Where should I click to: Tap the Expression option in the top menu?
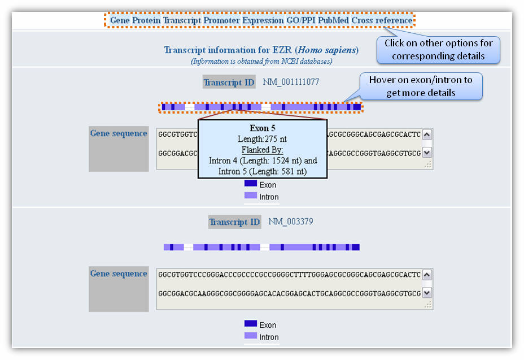coord(267,20)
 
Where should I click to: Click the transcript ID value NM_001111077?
coord(291,82)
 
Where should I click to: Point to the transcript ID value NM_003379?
coord(290,222)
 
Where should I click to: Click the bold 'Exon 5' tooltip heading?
coord(263,128)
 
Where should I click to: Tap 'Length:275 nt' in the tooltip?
coord(263,139)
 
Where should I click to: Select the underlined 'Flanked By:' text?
coord(263,150)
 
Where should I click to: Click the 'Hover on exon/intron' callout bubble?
coord(421,86)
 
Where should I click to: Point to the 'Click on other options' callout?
coord(438,50)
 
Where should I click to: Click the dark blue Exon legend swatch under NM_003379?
coord(251,324)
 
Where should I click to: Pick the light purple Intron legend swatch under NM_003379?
coord(251,336)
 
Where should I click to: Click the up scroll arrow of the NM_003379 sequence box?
coord(427,275)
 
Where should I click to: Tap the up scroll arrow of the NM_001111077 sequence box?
coord(427,135)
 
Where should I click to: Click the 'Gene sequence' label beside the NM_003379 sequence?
coord(119,274)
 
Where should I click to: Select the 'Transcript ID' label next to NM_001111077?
coord(229,83)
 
